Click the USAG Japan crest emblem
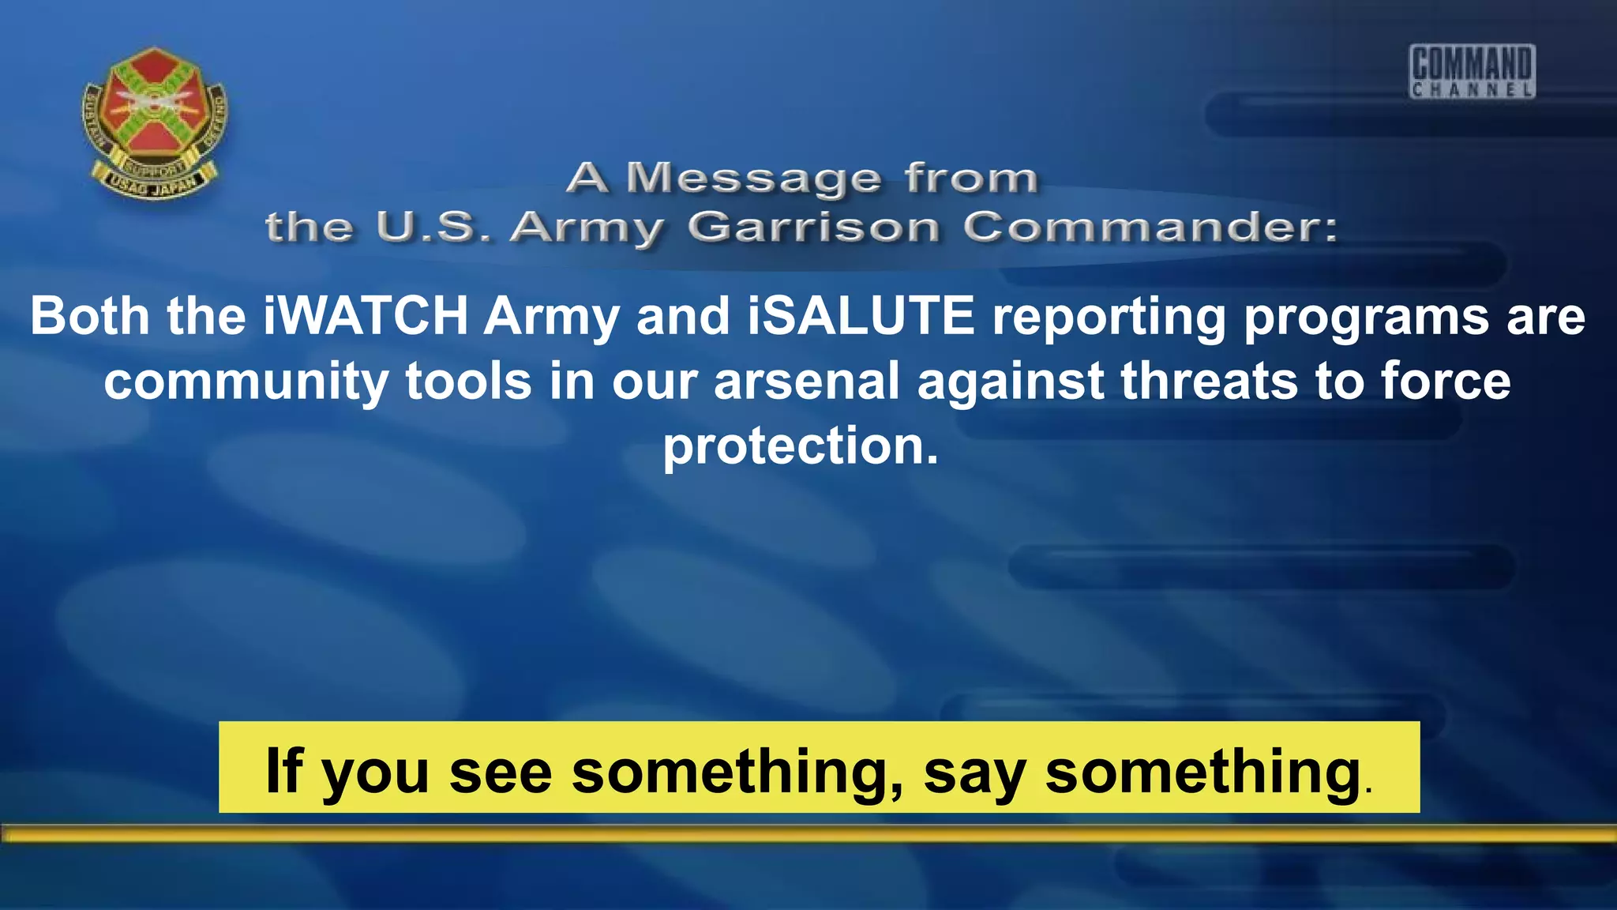(x=155, y=122)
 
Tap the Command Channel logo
(x=1472, y=71)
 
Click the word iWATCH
(x=366, y=317)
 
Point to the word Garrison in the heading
(x=813, y=228)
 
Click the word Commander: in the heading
(x=1150, y=228)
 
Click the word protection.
(x=801, y=446)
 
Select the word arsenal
(x=806, y=382)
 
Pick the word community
(x=246, y=382)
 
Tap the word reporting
(x=1109, y=317)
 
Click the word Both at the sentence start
(x=89, y=317)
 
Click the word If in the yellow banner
(x=284, y=769)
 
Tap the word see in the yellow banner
(x=501, y=771)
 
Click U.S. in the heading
(x=433, y=228)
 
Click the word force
(x=1446, y=382)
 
